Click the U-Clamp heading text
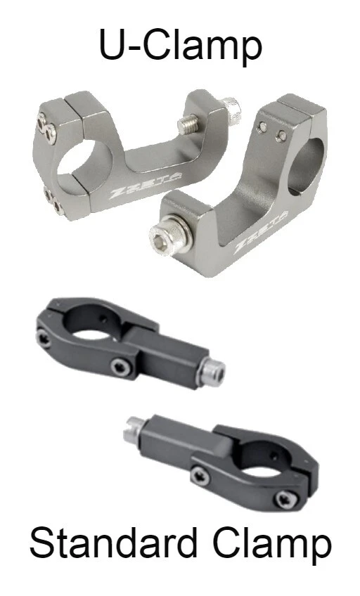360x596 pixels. [x=181, y=46]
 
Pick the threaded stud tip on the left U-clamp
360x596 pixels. [x=188, y=124]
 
